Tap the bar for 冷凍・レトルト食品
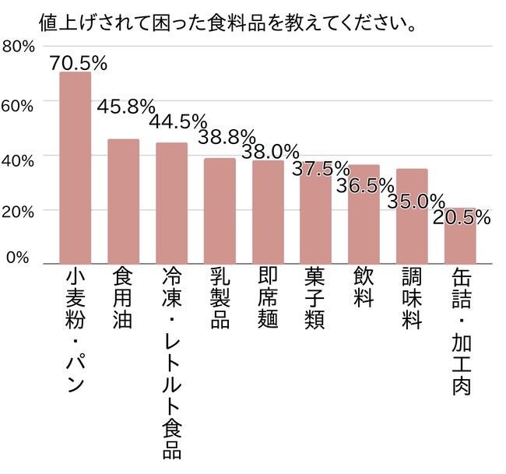click(x=171, y=203)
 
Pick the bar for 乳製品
click(x=220, y=211)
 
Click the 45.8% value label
click(x=125, y=107)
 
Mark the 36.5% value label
click(x=366, y=186)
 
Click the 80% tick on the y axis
click(x=19, y=47)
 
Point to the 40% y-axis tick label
click(x=19, y=160)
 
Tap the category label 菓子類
click(x=315, y=300)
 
